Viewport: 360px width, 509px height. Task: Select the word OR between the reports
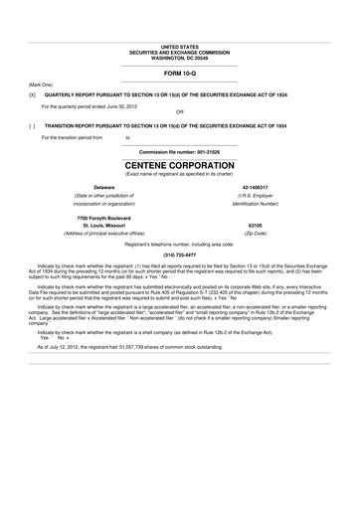tap(179, 112)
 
